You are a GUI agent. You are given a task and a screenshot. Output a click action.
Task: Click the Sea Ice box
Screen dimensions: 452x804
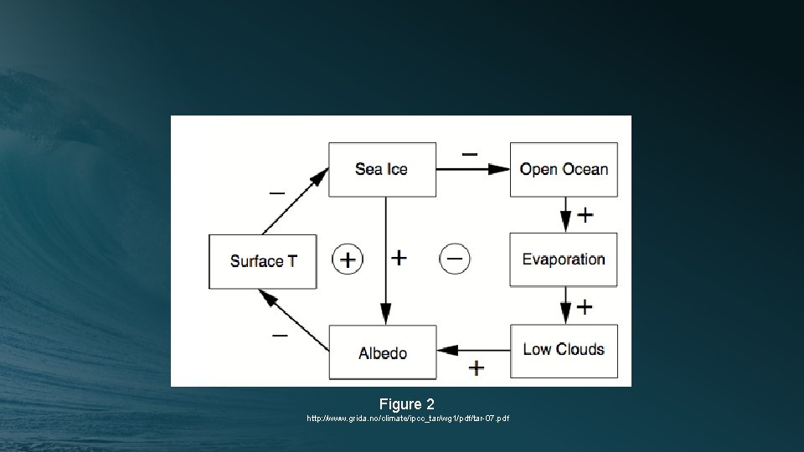(x=382, y=169)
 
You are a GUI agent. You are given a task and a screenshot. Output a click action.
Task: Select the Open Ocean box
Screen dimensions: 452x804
(x=564, y=169)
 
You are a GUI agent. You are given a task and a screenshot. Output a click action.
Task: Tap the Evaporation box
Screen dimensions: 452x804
(x=564, y=259)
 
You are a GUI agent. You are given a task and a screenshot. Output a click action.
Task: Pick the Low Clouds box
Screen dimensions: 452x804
(x=564, y=350)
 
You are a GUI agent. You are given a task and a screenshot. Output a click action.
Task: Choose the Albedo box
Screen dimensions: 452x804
(x=382, y=352)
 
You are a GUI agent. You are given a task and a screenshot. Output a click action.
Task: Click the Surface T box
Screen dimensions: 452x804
(x=263, y=261)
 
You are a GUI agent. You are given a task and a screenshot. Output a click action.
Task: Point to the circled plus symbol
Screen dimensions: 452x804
(x=348, y=259)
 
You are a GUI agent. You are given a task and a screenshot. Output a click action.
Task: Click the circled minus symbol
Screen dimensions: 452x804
(x=455, y=258)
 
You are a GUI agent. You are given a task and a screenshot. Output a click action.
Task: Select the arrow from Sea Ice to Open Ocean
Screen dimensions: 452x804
(x=473, y=169)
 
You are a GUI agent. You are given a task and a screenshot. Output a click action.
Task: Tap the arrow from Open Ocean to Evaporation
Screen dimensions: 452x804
(x=566, y=214)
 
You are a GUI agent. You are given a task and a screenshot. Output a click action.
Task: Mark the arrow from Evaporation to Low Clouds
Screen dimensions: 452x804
(x=566, y=306)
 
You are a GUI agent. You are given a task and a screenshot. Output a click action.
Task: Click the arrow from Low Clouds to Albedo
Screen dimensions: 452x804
(x=473, y=350)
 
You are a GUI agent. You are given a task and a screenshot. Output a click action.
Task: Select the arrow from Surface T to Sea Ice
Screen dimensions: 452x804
(x=295, y=201)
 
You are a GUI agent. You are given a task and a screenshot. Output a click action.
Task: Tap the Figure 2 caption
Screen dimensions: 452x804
(x=407, y=404)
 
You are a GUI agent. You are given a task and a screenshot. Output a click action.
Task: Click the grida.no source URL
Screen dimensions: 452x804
(x=408, y=418)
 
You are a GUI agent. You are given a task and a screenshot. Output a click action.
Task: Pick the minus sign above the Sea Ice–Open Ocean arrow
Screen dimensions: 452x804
(x=470, y=154)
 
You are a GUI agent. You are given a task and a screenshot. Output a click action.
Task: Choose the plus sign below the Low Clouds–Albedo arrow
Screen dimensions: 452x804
(x=477, y=367)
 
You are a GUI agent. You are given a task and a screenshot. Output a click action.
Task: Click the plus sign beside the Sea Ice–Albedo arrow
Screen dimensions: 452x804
(x=399, y=258)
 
